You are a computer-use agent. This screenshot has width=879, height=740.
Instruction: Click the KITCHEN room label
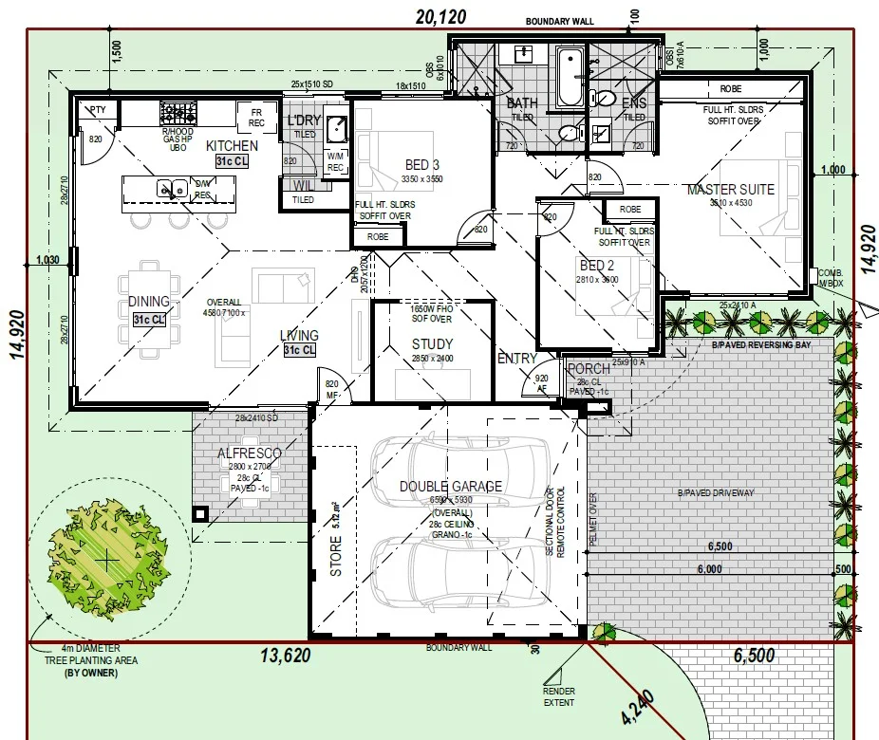coord(232,146)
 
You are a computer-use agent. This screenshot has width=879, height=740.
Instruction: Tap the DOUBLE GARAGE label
coord(450,487)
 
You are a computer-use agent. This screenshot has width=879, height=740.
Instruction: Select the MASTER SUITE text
coord(730,190)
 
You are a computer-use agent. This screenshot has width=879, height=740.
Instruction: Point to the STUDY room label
coord(432,344)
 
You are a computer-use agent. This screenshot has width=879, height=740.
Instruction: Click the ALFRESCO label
coord(251,454)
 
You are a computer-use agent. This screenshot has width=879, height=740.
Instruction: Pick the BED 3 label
coord(416,165)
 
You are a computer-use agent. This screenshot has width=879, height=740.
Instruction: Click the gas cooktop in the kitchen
coord(177,114)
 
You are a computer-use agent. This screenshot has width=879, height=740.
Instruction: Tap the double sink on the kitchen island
coord(172,190)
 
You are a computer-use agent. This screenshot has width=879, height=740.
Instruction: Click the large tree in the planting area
coord(107,560)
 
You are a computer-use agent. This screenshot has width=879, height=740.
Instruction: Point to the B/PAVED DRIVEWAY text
coord(717,493)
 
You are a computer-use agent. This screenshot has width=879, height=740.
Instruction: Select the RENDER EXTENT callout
coord(559,697)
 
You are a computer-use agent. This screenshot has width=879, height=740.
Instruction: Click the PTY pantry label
coord(98,110)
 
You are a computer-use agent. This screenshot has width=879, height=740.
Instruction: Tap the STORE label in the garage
coord(335,558)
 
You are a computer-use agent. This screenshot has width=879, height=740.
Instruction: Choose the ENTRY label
coord(516,359)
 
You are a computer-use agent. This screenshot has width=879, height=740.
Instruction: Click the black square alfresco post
coord(199,513)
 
